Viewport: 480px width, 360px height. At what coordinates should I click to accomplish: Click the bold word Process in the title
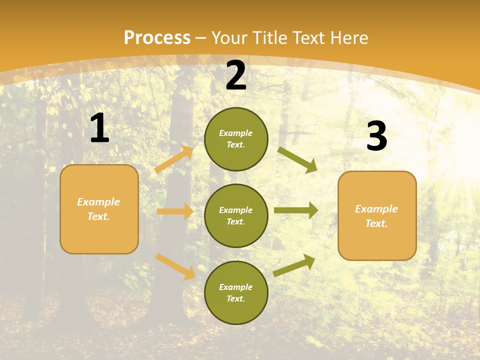tap(157, 38)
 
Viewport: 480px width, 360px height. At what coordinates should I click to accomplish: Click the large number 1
tap(99, 129)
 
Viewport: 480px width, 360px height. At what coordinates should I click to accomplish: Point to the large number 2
tap(236, 76)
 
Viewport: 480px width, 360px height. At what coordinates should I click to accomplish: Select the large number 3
tap(376, 136)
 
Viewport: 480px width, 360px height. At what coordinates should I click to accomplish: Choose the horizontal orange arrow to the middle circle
tap(175, 211)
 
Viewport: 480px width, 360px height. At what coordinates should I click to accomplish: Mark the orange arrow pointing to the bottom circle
tap(175, 266)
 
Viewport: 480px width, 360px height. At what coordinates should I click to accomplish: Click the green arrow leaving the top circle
tap(297, 159)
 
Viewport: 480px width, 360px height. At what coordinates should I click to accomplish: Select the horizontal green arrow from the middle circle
tap(296, 210)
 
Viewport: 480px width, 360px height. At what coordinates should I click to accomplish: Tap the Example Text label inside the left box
tap(98, 209)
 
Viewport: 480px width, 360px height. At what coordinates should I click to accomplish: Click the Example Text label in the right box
tap(376, 216)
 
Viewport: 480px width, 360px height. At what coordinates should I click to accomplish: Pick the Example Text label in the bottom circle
tap(236, 293)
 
